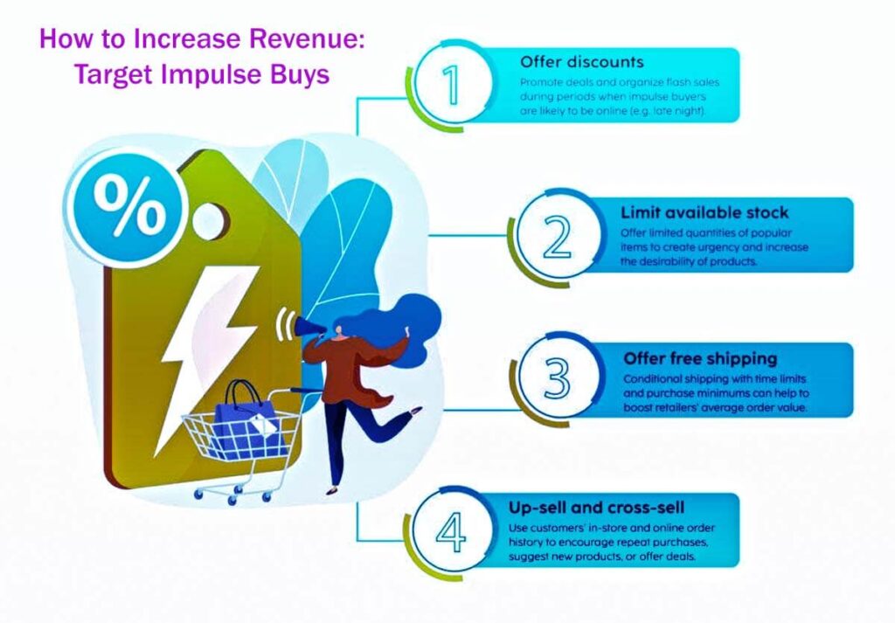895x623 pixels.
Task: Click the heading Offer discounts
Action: pyautogui.click(x=581, y=62)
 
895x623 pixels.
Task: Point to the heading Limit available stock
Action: pyautogui.click(x=704, y=212)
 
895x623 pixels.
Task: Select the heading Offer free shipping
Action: pyautogui.click(x=700, y=358)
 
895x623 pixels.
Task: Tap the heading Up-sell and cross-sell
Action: pyautogui.click(x=596, y=509)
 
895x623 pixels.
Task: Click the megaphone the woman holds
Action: pyautogui.click(x=311, y=327)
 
